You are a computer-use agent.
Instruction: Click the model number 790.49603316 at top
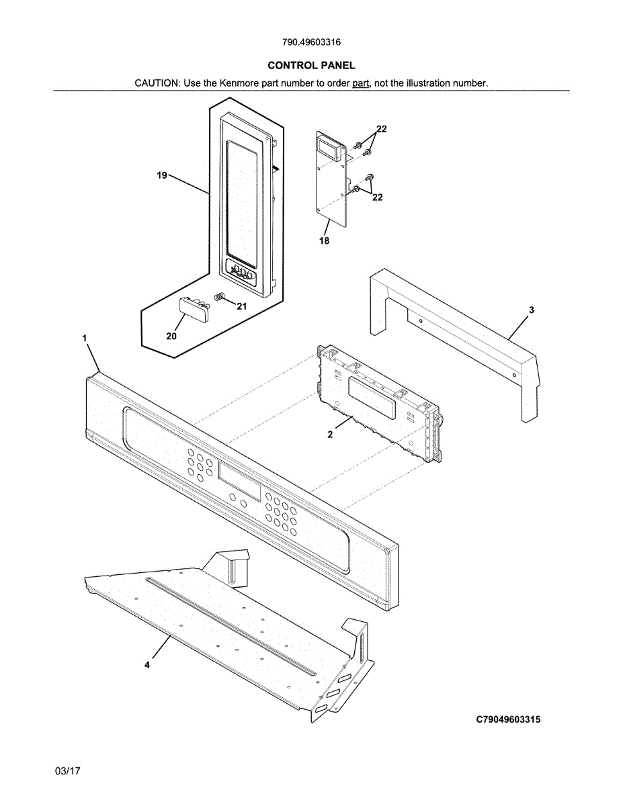coord(311,42)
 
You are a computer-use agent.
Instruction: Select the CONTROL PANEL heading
coord(311,65)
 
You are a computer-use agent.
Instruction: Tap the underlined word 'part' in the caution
coord(361,83)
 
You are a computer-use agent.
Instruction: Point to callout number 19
coord(161,175)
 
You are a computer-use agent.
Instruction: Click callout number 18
coord(324,240)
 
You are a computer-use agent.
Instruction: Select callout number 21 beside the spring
coord(242,306)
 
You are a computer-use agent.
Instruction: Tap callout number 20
coord(171,336)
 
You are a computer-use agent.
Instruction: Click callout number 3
coord(531,310)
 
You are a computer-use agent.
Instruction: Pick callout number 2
coord(330,435)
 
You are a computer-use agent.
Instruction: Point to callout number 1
coord(85,339)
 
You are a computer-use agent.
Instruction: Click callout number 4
coord(147,664)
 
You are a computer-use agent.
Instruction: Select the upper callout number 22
coord(381,129)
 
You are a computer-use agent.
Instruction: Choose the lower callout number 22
coord(378,197)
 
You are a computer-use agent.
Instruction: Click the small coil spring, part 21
coord(219,297)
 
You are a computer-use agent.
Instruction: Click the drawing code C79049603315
coord(508,719)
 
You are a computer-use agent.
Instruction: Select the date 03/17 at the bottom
coord(67,771)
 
